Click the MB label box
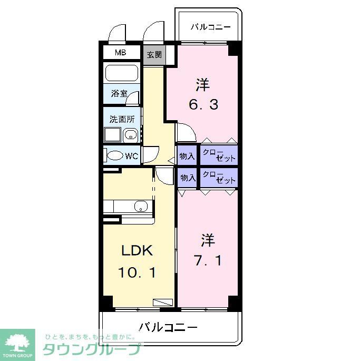pos(121,53)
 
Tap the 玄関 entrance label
pos(154,54)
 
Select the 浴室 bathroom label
pos(119,94)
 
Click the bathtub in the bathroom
pos(121,73)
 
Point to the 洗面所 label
pos(122,119)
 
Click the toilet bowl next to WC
pos(114,156)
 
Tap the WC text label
pos(132,156)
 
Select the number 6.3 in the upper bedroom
pos(203,104)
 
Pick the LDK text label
pos(138,251)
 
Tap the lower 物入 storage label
pos(188,178)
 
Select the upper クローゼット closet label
pos(218,155)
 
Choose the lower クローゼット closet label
pos(218,178)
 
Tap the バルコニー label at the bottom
pos(169,327)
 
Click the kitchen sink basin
pos(141,206)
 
